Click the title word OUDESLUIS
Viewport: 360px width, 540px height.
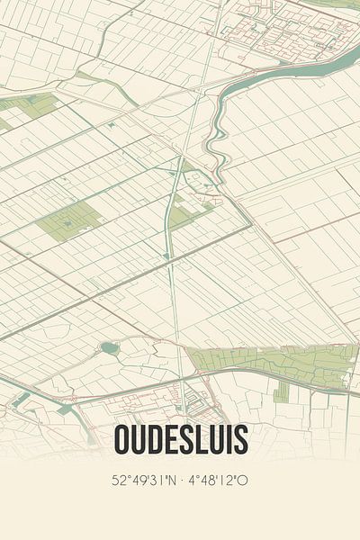click(x=180, y=440)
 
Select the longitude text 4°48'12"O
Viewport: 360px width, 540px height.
click(x=218, y=481)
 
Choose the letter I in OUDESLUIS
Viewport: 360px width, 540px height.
click(x=229, y=440)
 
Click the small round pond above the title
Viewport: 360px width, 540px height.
click(x=110, y=347)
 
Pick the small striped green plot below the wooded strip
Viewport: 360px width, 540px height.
click(x=282, y=392)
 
